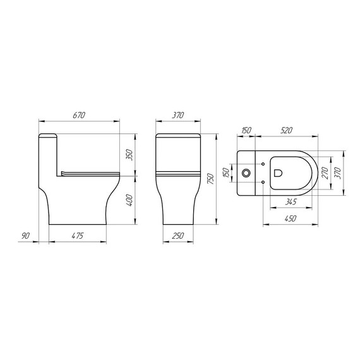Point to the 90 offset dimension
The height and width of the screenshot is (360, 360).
coord(25,236)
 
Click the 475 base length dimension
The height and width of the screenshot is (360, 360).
coord(77,236)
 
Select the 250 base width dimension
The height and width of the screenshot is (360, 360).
coord(178,236)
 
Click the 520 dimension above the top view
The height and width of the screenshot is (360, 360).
coord(287,131)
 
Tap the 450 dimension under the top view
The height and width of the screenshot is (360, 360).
coord(289,219)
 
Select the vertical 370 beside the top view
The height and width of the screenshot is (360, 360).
coord(339,173)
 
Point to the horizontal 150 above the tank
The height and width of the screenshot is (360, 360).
coord(246,131)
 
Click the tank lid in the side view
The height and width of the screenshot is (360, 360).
coord(48,135)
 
